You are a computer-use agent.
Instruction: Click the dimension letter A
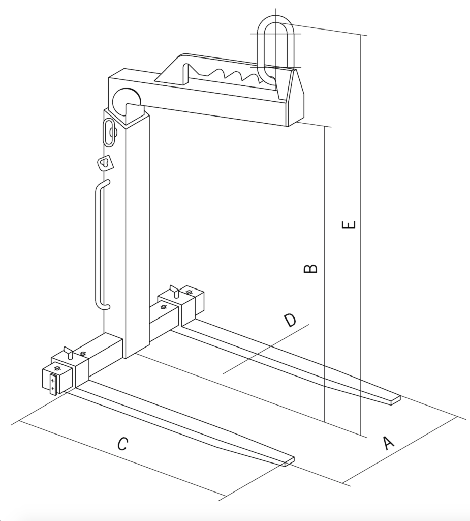[x=388, y=443]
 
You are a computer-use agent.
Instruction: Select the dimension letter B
[x=310, y=268]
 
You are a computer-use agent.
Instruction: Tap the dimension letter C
[x=123, y=444]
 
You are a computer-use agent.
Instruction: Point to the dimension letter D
[x=290, y=320]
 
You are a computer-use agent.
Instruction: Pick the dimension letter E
[x=349, y=225]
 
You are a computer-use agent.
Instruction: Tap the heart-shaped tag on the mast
[x=105, y=162]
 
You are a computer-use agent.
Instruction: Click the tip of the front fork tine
[x=290, y=462]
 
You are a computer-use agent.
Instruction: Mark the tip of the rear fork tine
[x=396, y=400]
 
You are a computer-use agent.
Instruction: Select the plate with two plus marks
[x=53, y=385]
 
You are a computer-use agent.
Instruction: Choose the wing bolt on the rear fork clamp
[x=175, y=291]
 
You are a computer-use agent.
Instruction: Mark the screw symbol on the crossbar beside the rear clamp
[x=163, y=307]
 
